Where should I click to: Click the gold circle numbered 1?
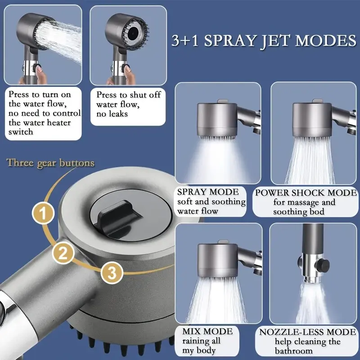43,213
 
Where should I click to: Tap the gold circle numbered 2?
63,253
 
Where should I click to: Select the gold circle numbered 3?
112,273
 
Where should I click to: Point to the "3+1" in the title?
185,40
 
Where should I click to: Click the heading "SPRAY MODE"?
208,192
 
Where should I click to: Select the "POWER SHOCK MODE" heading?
306,193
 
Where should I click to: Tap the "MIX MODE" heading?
207,331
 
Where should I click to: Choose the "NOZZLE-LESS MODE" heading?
307,332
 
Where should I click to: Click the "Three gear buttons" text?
50,163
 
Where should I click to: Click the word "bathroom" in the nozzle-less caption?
294,351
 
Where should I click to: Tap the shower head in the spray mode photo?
217,119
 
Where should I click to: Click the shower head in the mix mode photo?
218,260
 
